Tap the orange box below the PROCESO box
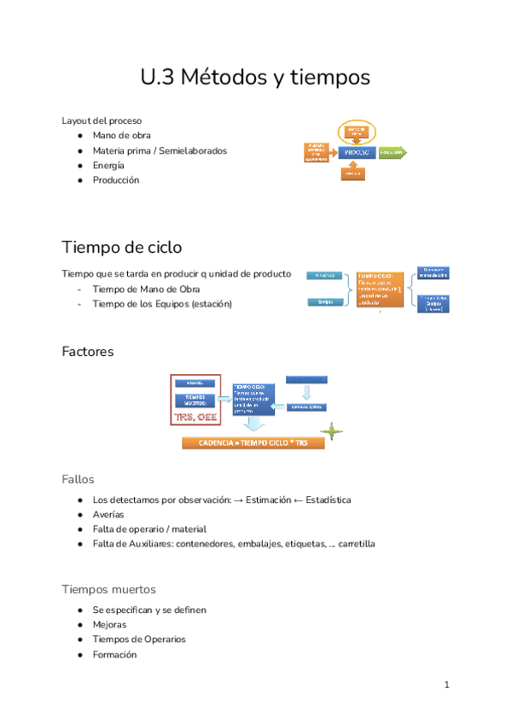353,174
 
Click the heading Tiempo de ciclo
121,248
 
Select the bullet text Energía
108,166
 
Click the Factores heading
88,351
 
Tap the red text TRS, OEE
195,416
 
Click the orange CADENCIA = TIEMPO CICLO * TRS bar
252,443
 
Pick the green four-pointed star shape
338,433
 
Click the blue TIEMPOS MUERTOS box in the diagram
195,400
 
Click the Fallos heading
78,479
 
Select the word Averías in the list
108,515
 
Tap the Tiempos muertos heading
108,589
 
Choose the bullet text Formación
114,655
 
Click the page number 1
446,686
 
